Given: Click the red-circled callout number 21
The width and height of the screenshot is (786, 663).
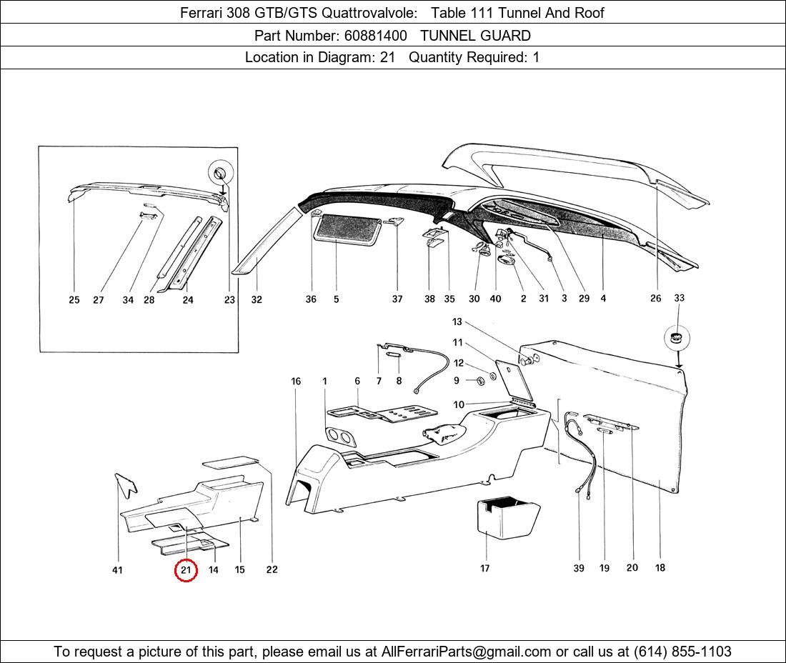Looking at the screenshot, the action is pyautogui.click(x=186, y=570).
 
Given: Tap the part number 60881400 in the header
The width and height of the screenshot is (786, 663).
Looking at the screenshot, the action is pyautogui.click(x=375, y=36).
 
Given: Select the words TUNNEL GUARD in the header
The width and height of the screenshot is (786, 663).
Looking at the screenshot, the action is pyautogui.click(x=475, y=36).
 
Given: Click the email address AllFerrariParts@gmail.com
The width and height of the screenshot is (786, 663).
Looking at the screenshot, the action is pyautogui.click(x=466, y=652).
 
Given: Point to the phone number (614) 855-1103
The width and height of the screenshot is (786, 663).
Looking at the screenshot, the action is pyautogui.click(x=682, y=652).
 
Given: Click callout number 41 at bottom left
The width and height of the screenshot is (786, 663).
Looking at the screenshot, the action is pyautogui.click(x=117, y=570).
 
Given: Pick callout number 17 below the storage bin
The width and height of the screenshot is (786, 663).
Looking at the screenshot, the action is pyautogui.click(x=484, y=568).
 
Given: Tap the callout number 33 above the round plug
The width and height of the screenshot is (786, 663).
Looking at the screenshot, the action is pyautogui.click(x=679, y=298).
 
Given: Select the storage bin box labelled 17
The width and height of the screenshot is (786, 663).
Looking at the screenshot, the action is pyautogui.click(x=507, y=518).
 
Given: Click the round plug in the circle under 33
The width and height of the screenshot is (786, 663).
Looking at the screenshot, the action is pyautogui.click(x=677, y=338).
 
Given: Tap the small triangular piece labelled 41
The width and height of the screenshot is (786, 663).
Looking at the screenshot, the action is pyautogui.click(x=125, y=485).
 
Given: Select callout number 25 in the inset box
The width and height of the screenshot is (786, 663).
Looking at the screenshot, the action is pyautogui.click(x=74, y=299).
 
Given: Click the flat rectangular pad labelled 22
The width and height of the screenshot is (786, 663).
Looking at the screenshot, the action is pyautogui.click(x=231, y=462).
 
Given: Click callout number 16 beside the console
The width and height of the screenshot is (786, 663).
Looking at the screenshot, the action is pyautogui.click(x=296, y=382).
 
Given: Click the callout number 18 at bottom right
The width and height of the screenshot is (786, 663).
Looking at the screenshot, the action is pyautogui.click(x=660, y=567).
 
